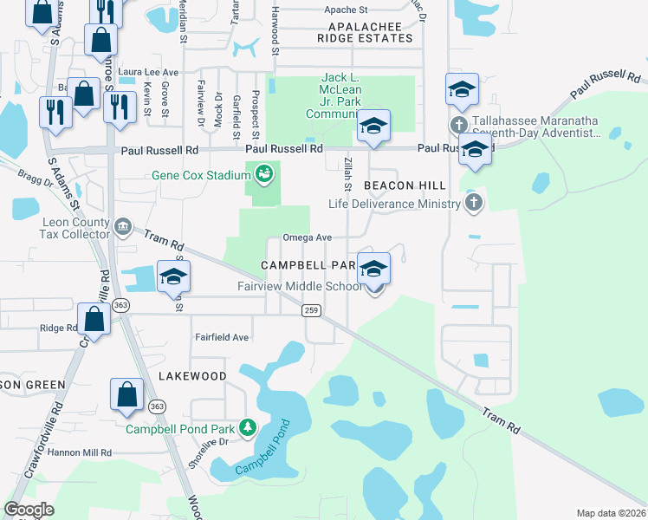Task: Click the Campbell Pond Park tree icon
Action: (247, 427)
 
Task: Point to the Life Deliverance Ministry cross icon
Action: (473, 204)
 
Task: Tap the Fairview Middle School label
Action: (300, 287)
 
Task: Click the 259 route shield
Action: (311, 310)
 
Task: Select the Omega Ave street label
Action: (308, 237)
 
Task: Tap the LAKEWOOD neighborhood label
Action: (192, 376)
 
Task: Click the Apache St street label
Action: (347, 10)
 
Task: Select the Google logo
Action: (29, 510)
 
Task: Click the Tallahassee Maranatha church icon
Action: (459, 125)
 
